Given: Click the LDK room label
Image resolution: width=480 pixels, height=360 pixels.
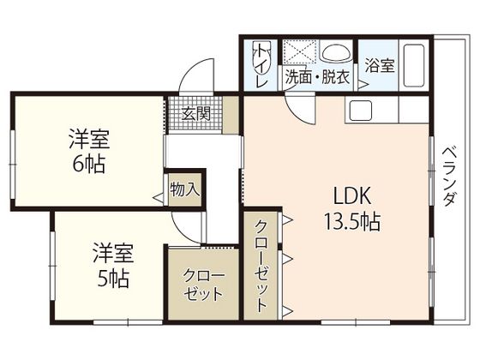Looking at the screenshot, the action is coord(352,195).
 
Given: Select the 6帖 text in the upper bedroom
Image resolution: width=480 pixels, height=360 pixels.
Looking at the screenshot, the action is coord(89,165).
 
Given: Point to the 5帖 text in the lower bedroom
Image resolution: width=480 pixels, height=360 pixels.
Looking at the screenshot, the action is coord(113,278).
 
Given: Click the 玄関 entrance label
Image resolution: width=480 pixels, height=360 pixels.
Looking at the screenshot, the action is coord(196,113).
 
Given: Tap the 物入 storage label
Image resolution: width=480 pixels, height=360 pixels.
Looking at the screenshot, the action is coord(185,189).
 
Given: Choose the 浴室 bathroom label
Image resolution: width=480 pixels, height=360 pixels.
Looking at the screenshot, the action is coord(379,65).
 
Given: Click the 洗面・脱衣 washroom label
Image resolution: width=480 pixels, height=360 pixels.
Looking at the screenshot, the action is coord(317,78).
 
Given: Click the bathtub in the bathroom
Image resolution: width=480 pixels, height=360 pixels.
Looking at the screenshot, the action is coord(413,65).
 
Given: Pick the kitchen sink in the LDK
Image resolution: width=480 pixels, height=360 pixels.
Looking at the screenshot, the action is coord(361,111).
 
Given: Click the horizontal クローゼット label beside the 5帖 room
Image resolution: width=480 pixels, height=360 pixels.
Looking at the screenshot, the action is coord(203,285).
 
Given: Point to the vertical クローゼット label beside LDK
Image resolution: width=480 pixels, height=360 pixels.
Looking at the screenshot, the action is coord(261,266).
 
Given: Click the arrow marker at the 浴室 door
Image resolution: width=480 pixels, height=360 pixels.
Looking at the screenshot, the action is coord(363,85).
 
